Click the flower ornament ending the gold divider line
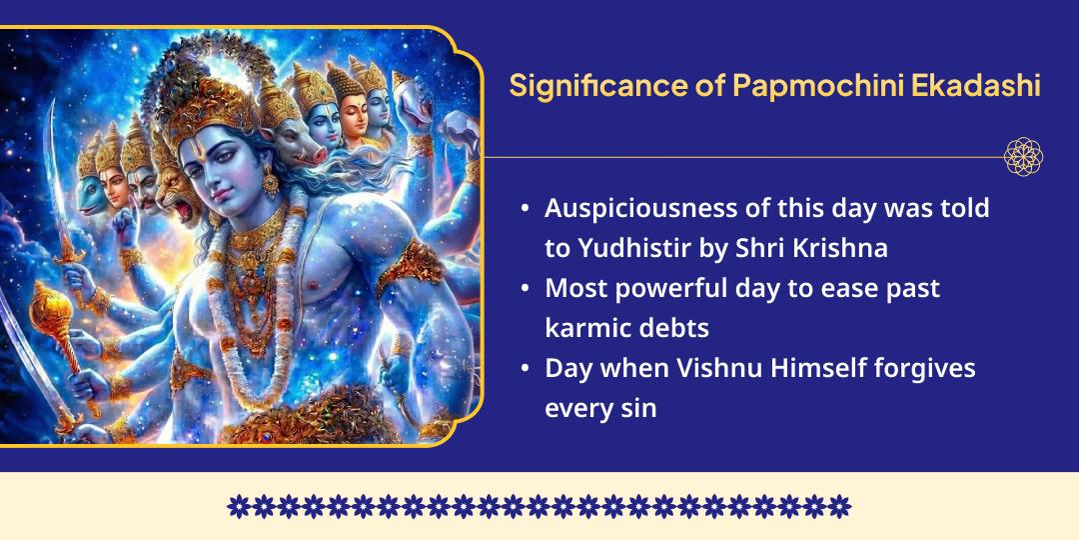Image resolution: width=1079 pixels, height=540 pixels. (x=1023, y=157)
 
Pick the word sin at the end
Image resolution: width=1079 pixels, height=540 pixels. (x=639, y=408)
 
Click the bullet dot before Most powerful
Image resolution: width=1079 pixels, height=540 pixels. (x=526, y=289)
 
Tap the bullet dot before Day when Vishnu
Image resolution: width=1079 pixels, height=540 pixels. (x=526, y=369)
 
